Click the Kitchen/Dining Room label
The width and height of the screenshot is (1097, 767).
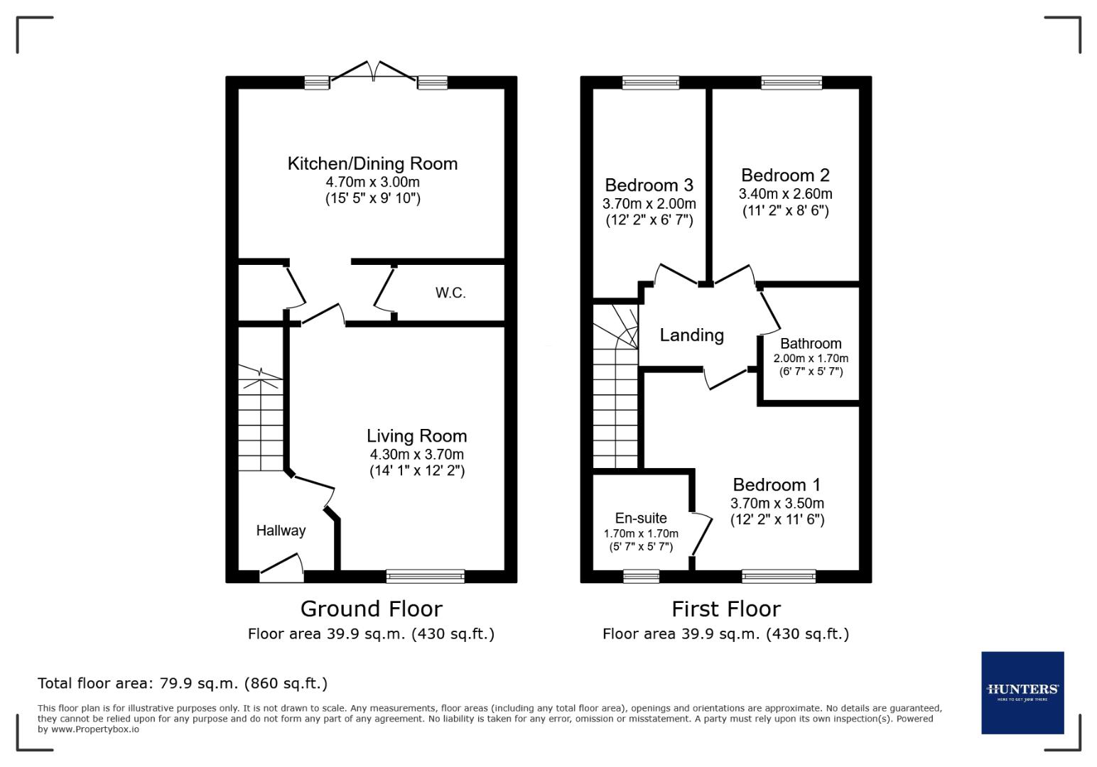point(372,163)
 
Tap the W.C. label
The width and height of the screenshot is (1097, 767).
point(450,293)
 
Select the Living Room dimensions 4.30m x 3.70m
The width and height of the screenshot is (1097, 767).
point(416,455)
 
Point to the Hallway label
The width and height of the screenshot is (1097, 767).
point(281,531)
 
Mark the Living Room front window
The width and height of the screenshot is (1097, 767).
point(425,576)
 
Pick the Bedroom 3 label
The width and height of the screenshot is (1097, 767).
point(649,185)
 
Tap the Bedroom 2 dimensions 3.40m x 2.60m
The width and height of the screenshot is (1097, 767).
point(785,194)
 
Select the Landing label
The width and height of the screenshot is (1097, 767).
point(691,335)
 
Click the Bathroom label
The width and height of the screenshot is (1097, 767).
point(811,344)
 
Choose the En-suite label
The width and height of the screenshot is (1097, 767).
point(641,518)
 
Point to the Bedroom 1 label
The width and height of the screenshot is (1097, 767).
point(777,485)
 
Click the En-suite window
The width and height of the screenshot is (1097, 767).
point(641,576)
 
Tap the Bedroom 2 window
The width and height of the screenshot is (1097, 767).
point(791,82)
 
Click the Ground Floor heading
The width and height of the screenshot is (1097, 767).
point(371,609)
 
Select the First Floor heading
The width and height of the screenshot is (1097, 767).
point(725,609)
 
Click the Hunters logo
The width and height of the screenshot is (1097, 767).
point(1022,692)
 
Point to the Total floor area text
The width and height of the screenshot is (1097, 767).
point(183,683)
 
